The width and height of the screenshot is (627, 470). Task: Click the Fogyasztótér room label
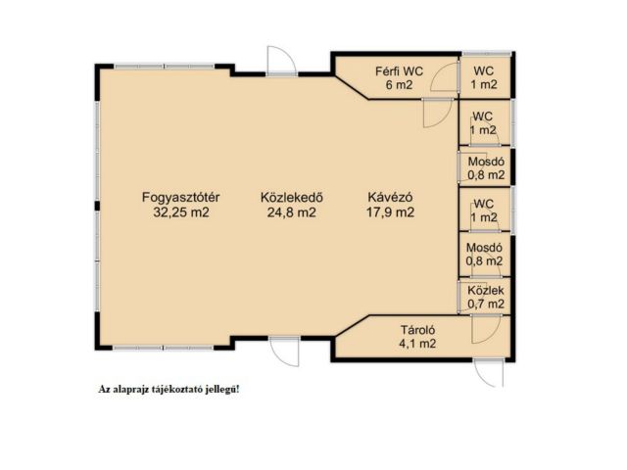click(x=180, y=198)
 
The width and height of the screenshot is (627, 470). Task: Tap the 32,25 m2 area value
click(x=181, y=212)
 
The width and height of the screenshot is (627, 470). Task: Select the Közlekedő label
click(x=292, y=198)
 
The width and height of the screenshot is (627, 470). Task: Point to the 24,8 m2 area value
click(x=292, y=212)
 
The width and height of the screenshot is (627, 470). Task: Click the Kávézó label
click(x=390, y=198)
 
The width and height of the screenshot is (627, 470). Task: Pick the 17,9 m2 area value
click(x=390, y=212)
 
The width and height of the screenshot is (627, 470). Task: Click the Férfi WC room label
click(x=399, y=71)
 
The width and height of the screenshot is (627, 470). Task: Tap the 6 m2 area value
click(x=399, y=85)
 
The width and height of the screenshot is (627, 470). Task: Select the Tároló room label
click(x=418, y=330)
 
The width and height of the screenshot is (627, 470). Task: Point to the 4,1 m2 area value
click(x=417, y=344)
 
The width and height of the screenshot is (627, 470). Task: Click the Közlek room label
click(x=486, y=291)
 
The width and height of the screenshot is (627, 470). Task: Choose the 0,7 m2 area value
click(x=486, y=305)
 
